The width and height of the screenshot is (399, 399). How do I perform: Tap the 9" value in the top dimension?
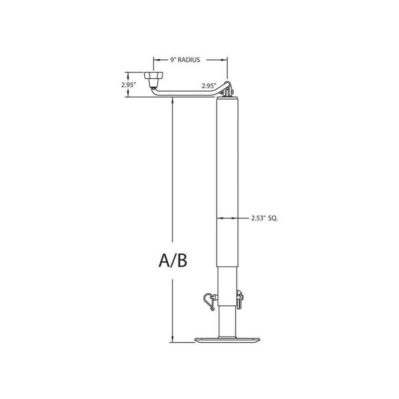click(173, 60)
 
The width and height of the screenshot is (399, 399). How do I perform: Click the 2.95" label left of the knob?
click(129, 85)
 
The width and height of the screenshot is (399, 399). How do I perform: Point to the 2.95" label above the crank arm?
click(209, 86)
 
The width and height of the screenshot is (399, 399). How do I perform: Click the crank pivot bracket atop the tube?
click(228, 91)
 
